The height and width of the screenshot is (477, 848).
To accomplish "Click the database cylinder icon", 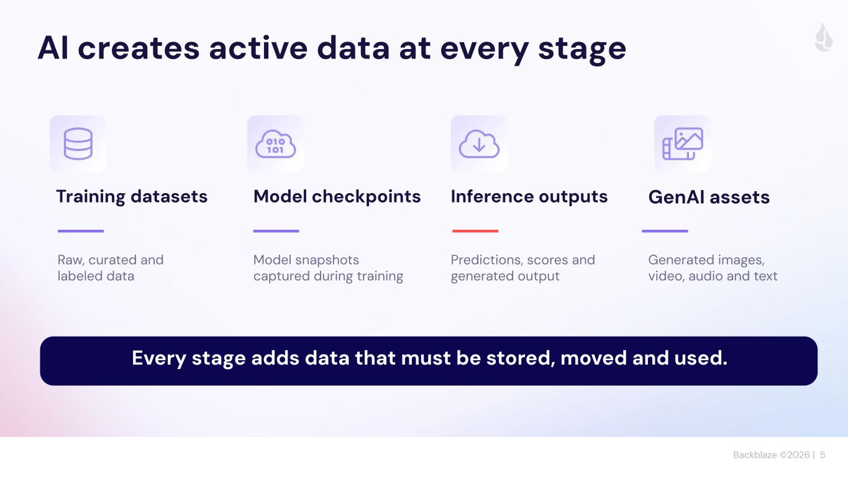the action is tap(78, 144).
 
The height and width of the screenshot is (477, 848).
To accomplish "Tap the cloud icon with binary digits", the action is tap(276, 144).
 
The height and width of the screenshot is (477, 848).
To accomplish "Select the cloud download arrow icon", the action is tap(479, 144).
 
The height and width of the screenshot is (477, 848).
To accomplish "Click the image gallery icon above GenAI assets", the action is tap(683, 144).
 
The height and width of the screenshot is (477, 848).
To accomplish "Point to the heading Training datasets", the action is tap(132, 197).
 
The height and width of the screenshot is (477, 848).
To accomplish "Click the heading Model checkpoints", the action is tap(337, 197).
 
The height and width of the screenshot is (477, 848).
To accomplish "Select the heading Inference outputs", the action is tap(529, 197).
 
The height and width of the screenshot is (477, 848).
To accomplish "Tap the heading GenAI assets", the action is tap(709, 198).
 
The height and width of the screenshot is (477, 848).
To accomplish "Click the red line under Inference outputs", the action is tap(475, 231).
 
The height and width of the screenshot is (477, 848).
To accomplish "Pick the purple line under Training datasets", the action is tap(81, 231).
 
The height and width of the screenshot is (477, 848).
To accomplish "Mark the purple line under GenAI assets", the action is tap(665, 231).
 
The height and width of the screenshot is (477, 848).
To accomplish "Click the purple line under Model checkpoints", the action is tap(276, 231).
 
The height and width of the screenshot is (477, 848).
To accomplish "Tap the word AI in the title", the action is tap(53, 48).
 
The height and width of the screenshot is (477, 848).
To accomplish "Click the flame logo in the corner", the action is tap(824, 37).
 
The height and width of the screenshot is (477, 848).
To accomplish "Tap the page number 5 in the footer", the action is tap(823, 455).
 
